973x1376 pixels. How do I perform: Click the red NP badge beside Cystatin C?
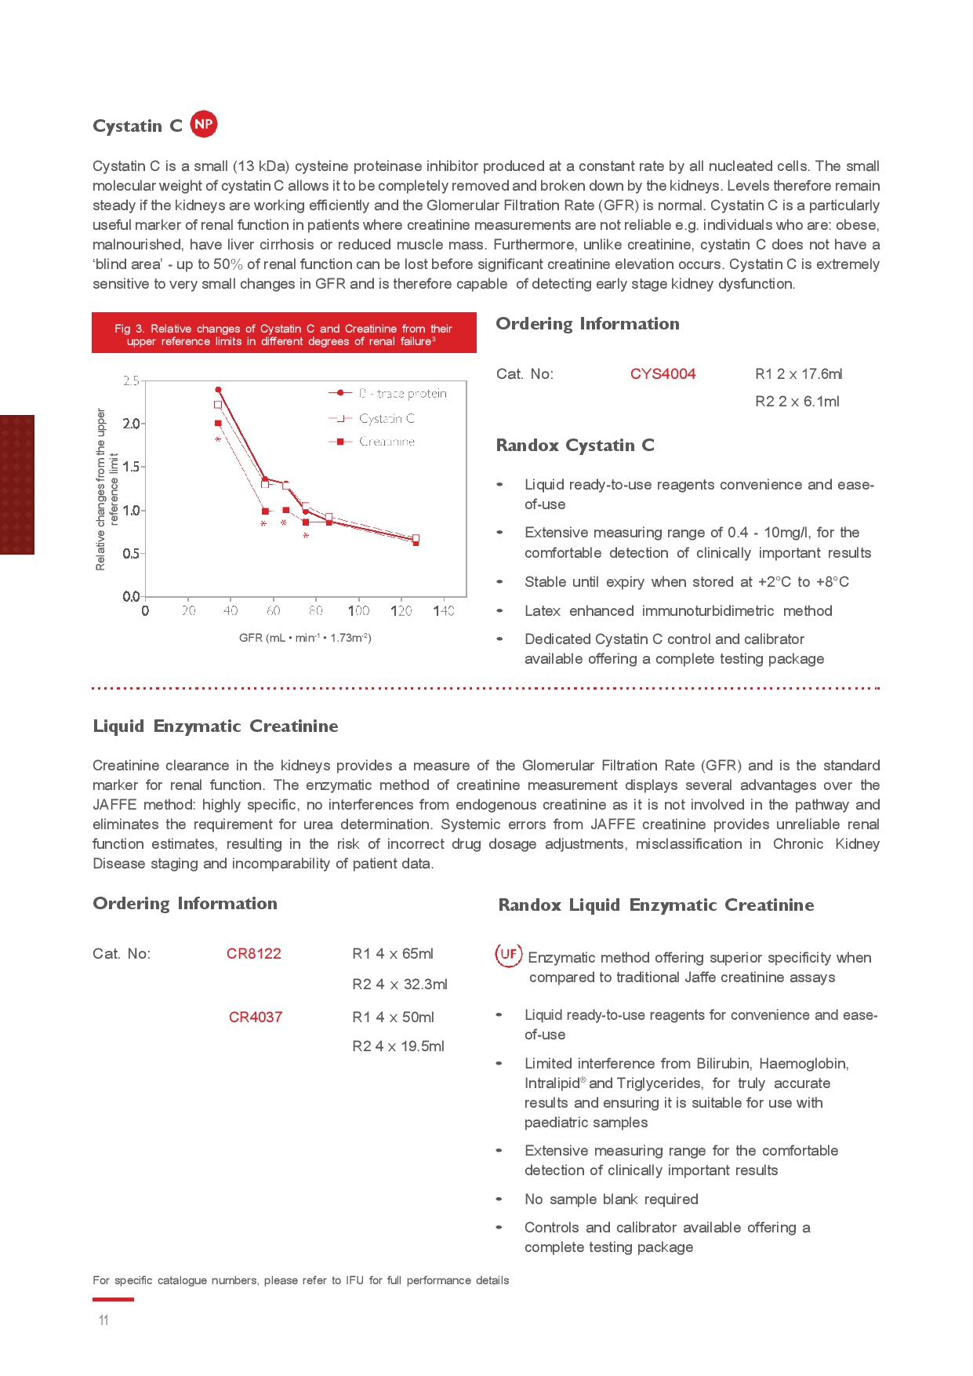tap(204, 124)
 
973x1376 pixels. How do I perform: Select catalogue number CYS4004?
tap(663, 374)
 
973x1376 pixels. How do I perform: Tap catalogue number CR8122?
tap(253, 954)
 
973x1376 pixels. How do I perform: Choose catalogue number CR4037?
tap(255, 1017)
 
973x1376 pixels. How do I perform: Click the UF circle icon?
tap(508, 955)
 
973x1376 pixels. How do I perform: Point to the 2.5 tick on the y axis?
tap(131, 381)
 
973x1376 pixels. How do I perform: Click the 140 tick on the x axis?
tap(444, 610)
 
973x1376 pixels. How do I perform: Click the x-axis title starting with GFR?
tap(305, 638)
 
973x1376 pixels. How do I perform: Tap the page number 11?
tap(103, 1320)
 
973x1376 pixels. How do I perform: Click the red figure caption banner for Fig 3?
tap(284, 334)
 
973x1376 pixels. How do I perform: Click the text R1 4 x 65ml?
tap(392, 954)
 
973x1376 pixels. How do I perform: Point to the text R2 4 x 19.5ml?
tap(398, 1047)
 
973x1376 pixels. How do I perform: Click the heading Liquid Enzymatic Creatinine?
tap(216, 726)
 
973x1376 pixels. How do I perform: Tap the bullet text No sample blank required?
tap(611, 1199)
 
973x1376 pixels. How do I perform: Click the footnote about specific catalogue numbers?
tap(300, 1280)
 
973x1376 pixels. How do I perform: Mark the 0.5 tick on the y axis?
tap(131, 554)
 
